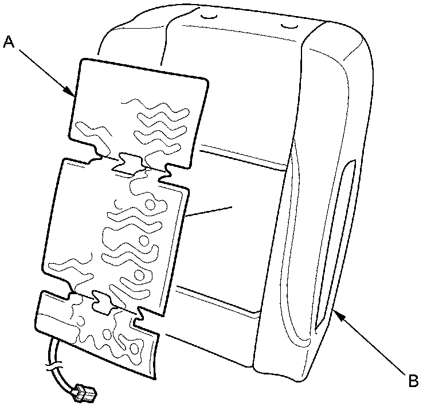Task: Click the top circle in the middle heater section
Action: (150, 204)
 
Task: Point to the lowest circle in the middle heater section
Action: (139, 276)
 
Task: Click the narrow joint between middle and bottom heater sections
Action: (100, 298)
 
